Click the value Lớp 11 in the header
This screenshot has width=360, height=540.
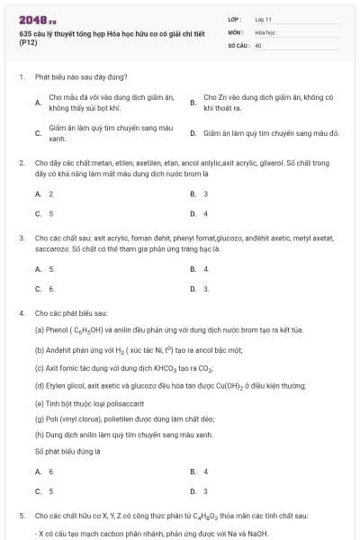(x=264, y=18)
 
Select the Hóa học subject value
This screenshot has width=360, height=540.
(x=265, y=31)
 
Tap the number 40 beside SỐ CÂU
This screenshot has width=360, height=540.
(x=258, y=45)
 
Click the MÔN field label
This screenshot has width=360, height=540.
(x=236, y=31)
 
